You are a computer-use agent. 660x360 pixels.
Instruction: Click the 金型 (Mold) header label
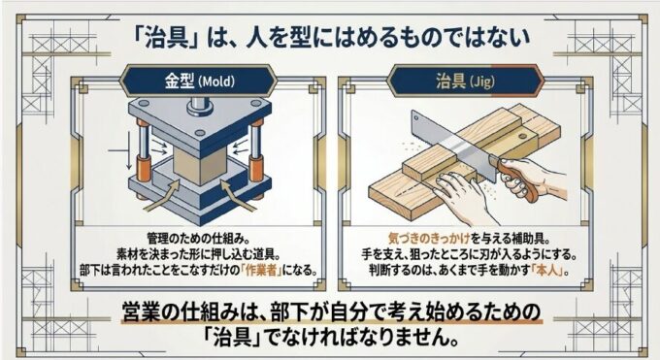(x=199, y=81)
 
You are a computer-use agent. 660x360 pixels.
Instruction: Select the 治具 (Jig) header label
(x=465, y=81)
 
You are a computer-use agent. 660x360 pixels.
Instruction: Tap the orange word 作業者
(x=262, y=270)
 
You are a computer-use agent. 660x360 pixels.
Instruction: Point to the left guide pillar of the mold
(x=143, y=149)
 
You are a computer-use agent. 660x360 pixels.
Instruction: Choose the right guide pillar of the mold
(x=255, y=149)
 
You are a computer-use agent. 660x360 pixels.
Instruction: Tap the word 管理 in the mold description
(x=157, y=239)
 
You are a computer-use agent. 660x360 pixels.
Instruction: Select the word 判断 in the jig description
(x=379, y=270)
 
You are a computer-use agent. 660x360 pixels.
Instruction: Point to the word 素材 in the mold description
(x=127, y=254)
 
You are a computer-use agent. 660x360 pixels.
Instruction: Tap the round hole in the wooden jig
(x=522, y=137)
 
